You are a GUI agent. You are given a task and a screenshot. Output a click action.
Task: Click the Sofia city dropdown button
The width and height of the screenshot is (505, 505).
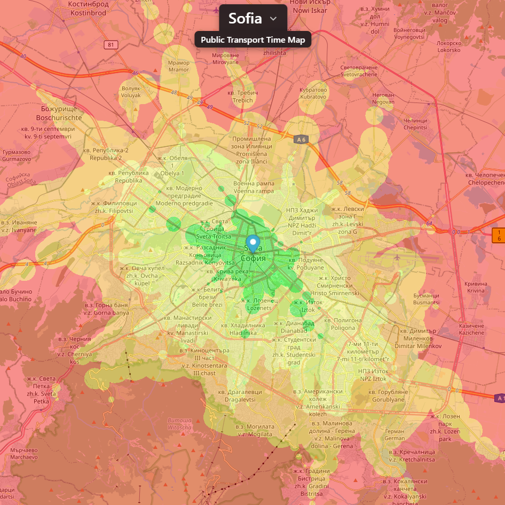[x=253, y=18]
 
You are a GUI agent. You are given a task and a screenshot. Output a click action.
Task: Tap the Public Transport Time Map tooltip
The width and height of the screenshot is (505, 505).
[x=253, y=40]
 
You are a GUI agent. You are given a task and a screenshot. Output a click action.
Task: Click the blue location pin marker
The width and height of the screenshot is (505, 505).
[x=254, y=243]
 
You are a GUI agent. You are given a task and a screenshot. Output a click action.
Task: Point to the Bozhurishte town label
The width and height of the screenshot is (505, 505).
[x=59, y=113]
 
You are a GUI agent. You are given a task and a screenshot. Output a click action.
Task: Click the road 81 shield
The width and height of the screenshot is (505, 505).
[x=111, y=44]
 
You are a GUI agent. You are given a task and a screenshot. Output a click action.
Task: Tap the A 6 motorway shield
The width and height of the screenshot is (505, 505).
[x=301, y=139]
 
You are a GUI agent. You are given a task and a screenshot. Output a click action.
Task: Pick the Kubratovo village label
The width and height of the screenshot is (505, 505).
[x=312, y=93]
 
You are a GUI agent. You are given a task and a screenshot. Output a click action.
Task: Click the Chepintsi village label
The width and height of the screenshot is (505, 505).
[x=415, y=124]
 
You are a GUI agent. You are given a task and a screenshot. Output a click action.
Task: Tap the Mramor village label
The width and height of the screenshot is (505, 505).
[x=178, y=66]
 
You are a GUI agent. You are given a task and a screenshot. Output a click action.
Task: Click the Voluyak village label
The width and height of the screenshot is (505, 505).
[x=131, y=91]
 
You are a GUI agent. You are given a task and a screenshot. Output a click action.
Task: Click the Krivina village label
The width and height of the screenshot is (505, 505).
[x=476, y=287]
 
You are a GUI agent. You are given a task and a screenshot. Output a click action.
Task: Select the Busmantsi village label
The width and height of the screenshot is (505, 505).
[x=426, y=299]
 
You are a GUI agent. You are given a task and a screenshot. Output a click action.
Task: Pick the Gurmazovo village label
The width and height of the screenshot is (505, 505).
[x=17, y=155]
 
